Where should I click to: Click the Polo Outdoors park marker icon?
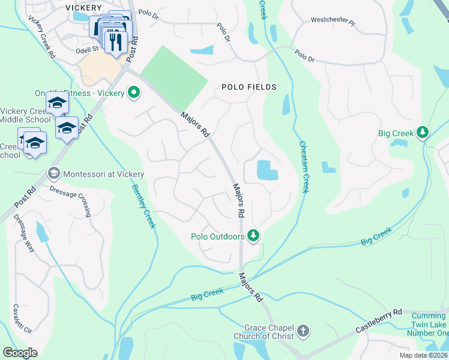click(x=253, y=236)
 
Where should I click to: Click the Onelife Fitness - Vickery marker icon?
click(x=134, y=93)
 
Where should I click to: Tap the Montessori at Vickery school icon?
click(x=53, y=174)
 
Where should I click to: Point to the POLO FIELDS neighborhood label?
click(x=249, y=87)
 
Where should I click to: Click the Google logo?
click(x=20, y=353)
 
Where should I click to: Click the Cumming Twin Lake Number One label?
click(x=427, y=324)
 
